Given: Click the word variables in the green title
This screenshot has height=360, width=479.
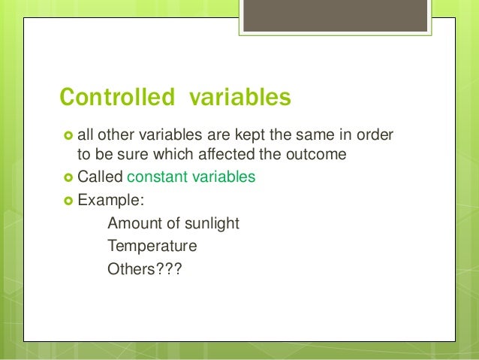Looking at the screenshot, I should coord(239,98).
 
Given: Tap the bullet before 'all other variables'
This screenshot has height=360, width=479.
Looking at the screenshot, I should coord(66,135).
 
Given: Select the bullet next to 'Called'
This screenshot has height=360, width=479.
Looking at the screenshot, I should coord(66,178).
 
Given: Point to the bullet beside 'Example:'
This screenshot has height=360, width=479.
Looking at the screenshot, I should coord(66,201).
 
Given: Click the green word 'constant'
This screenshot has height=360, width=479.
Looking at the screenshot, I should coord(159,177).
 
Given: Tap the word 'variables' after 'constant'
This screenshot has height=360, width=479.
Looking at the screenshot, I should coord(224,177).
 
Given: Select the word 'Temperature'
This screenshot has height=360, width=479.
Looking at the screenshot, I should coord(152,246).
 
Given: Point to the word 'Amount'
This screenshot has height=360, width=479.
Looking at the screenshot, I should coord(131,223).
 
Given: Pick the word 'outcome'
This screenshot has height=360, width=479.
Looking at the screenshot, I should coord(323,155).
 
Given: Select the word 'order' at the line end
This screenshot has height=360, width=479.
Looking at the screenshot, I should coord(377,135).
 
